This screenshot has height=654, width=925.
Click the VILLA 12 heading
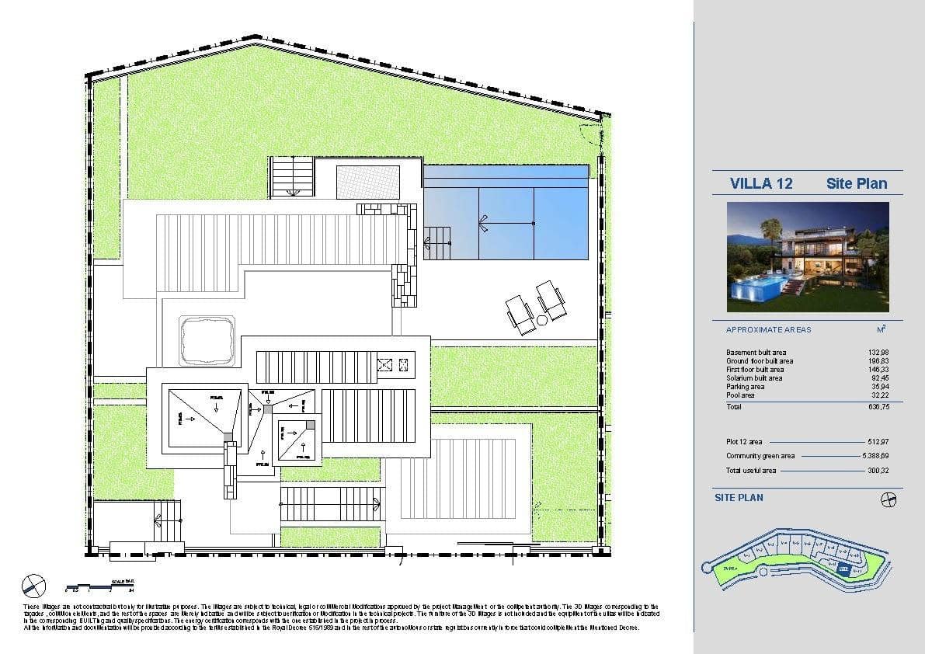point(761,183)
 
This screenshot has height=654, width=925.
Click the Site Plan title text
point(856,183)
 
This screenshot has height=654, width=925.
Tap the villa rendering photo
point(808,256)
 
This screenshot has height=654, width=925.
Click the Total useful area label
point(750,470)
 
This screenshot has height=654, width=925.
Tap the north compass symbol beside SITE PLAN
point(889,498)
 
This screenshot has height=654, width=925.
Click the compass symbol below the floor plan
point(33,584)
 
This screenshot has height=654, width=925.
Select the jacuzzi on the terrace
point(207,339)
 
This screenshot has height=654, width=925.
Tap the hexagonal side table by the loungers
point(541,319)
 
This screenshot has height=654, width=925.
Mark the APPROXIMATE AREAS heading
point(768,329)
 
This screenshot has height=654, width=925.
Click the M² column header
point(880,329)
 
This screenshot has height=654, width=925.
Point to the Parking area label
point(745,387)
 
